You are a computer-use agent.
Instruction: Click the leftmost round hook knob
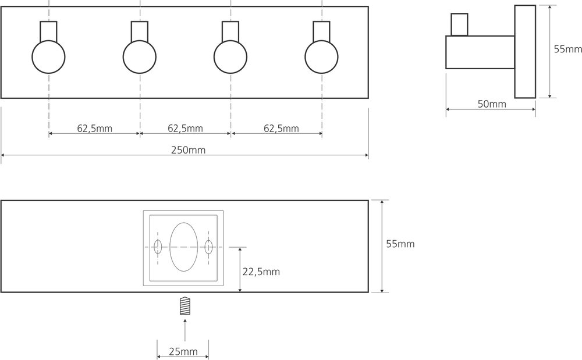click(x=49, y=57)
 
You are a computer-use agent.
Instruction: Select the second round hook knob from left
click(x=140, y=57)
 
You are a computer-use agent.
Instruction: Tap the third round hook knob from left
click(x=230, y=57)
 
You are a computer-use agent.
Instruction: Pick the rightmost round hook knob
click(x=321, y=57)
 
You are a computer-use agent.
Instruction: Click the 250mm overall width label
click(x=188, y=150)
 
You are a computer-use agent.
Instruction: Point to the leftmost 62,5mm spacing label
click(x=95, y=129)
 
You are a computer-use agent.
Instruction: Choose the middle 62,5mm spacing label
click(x=185, y=129)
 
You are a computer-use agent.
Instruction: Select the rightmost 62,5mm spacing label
click(x=281, y=129)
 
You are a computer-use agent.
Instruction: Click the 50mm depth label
click(x=492, y=104)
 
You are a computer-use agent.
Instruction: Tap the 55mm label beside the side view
click(x=568, y=49)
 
